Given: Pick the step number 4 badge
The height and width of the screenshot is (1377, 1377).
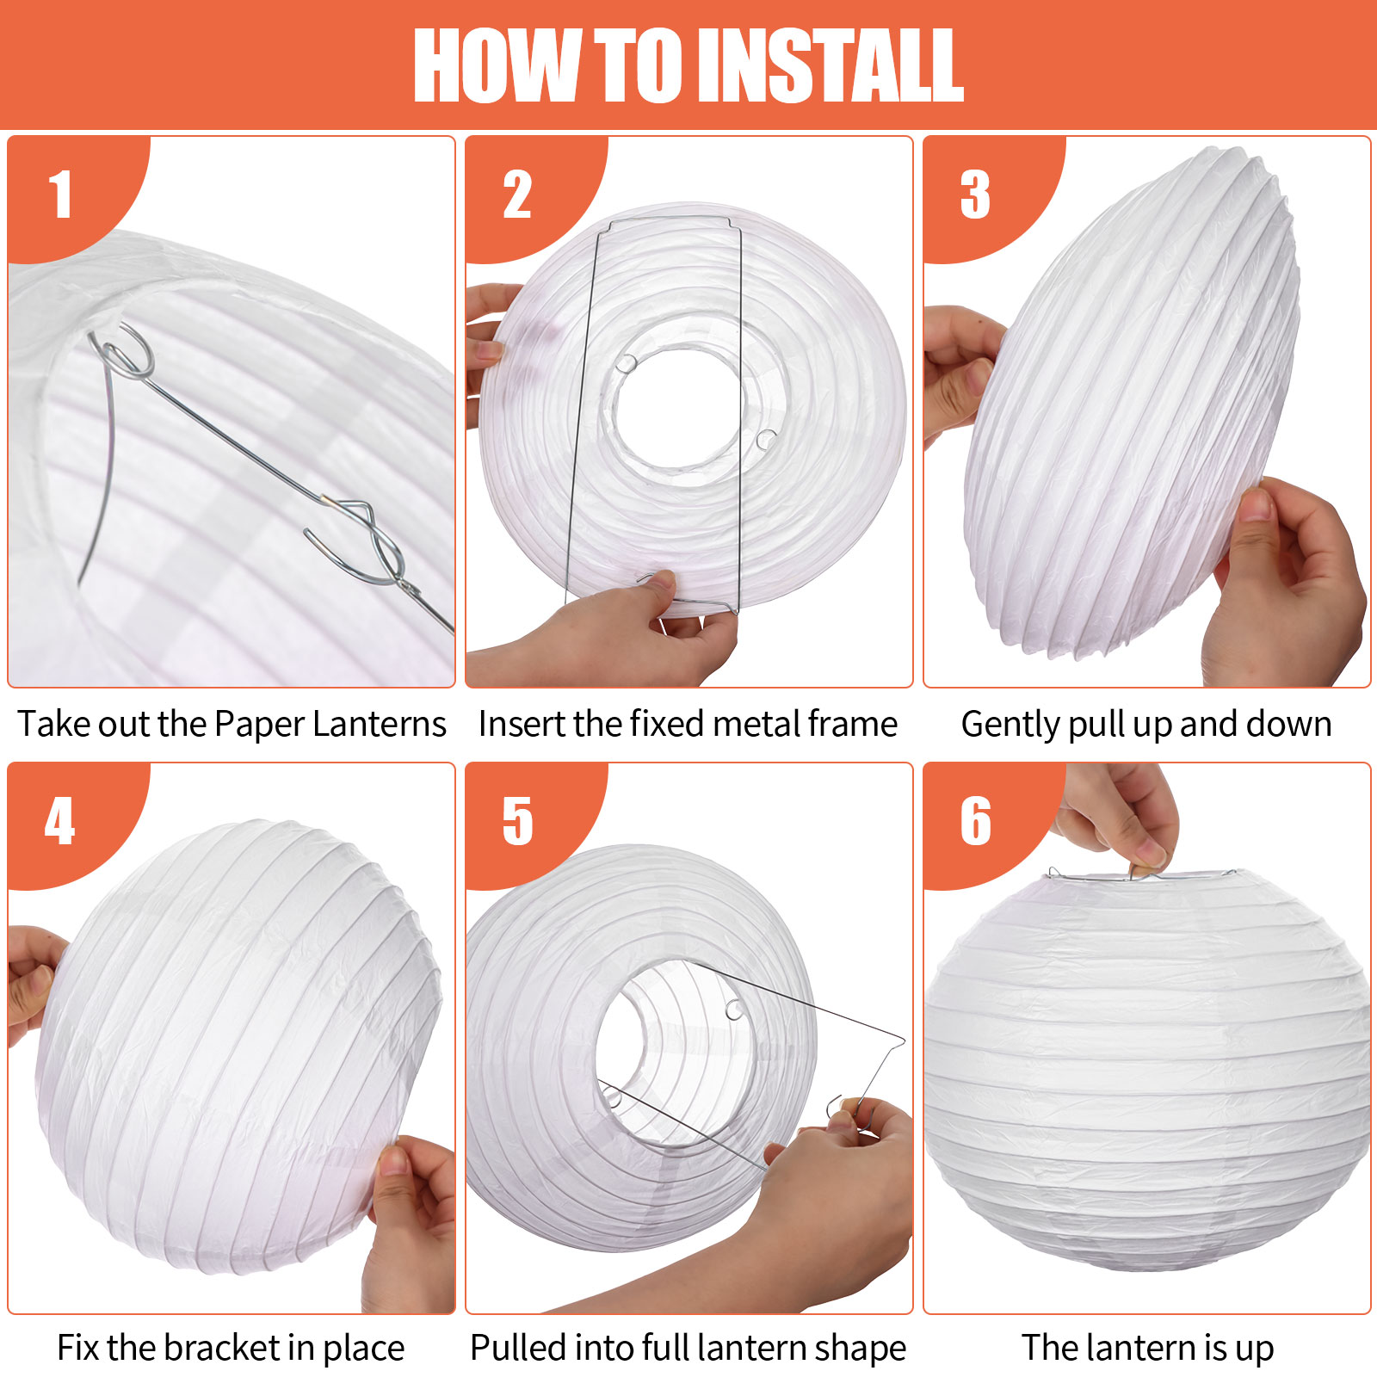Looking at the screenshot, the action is click(x=60, y=821).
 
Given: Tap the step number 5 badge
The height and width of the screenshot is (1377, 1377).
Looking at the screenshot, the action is click(x=517, y=821).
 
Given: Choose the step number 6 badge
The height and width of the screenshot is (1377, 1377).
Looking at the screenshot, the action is click(x=975, y=821).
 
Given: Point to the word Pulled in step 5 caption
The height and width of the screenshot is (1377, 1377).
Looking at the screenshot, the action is click(x=517, y=1348).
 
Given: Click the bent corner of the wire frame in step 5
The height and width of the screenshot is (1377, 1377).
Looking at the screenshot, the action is click(x=902, y=1041).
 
